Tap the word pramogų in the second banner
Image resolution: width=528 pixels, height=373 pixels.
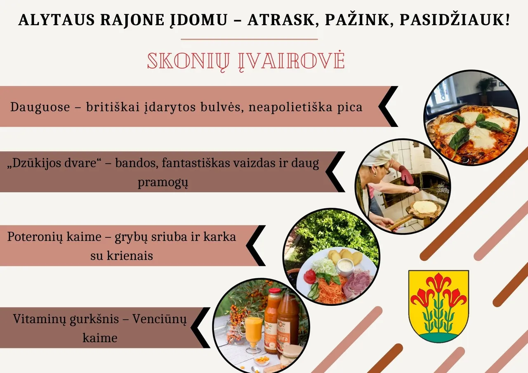tap(163, 183)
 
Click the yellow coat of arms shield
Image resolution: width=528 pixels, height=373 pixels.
tap(438, 305)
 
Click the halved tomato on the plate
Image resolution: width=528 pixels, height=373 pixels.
tap(309, 276)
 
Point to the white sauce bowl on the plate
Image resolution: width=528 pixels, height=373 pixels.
tap(345, 266)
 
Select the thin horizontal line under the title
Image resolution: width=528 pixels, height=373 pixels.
tap(249, 40)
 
